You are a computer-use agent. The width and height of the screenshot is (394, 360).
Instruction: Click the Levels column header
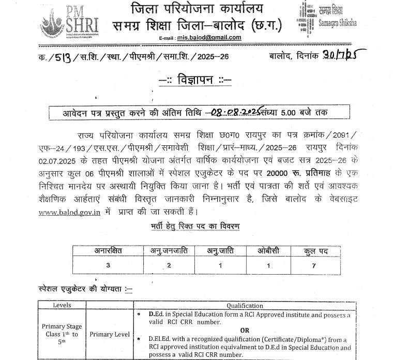click(x=62, y=305)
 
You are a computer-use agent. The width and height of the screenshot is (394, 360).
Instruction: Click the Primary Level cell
click(x=110, y=334)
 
